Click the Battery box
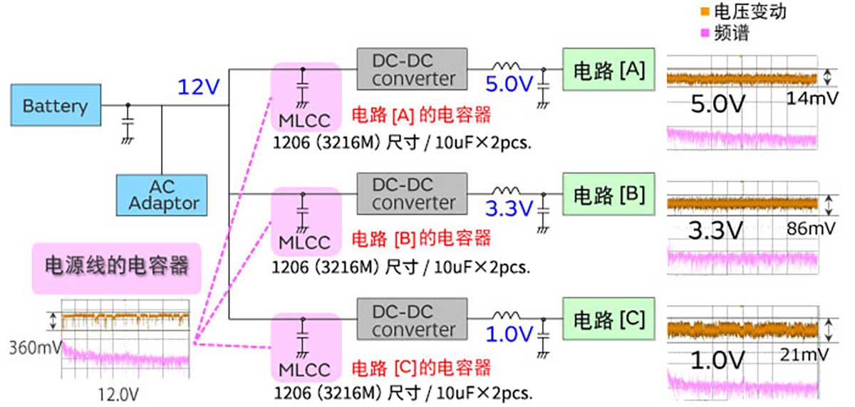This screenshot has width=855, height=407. coord(55,106)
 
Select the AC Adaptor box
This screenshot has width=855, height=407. coord(162,195)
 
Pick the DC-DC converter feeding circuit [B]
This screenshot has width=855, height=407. coord(412,194)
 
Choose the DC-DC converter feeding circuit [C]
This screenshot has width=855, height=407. coord(412,321)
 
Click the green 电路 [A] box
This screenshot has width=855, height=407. coord(609,70)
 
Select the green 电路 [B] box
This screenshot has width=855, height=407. coord(609,194)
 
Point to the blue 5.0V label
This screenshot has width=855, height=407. coord(509,85)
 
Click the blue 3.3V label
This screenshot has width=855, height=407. coord(509,209)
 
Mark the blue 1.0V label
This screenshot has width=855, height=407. coord(509,334)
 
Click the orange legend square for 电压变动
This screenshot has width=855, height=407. coord(705,11)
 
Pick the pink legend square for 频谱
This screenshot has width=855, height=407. coord(705,33)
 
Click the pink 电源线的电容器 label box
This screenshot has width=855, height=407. coord(116,267)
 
